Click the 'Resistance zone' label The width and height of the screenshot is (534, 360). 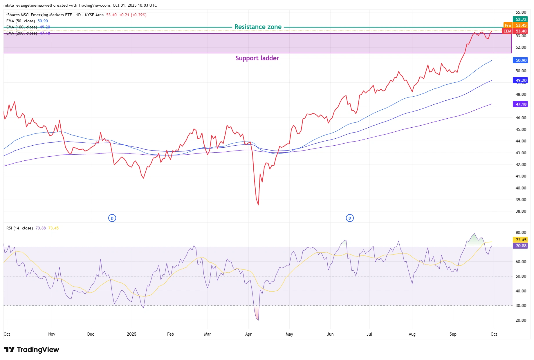click(258, 27)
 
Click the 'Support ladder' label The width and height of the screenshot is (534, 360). click(257, 58)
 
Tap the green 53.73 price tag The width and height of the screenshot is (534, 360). click(521, 19)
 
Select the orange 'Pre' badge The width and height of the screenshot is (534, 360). click(508, 25)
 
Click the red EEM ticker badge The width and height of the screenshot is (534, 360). click(507, 31)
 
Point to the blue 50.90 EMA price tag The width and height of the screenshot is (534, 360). click(521, 60)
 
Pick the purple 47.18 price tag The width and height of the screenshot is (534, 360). click(521, 104)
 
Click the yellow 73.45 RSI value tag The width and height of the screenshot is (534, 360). click(521, 240)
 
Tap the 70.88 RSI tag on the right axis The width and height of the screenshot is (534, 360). click(521, 246)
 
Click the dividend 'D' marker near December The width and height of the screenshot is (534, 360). click(112, 218)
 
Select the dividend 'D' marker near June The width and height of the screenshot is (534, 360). click(350, 218)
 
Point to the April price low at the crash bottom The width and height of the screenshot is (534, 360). click(258, 205)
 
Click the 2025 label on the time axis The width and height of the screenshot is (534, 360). click(131, 334)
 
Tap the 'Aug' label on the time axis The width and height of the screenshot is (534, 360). click(412, 334)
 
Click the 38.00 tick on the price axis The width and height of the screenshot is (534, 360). click(521, 211)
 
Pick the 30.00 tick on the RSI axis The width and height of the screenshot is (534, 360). click(521, 305)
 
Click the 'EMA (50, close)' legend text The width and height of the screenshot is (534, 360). click(21, 21)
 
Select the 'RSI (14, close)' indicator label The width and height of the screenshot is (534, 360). click(19, 228)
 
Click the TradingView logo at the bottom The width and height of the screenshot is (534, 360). click(31, 350)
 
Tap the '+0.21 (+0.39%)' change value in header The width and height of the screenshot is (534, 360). click(133, 15)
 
